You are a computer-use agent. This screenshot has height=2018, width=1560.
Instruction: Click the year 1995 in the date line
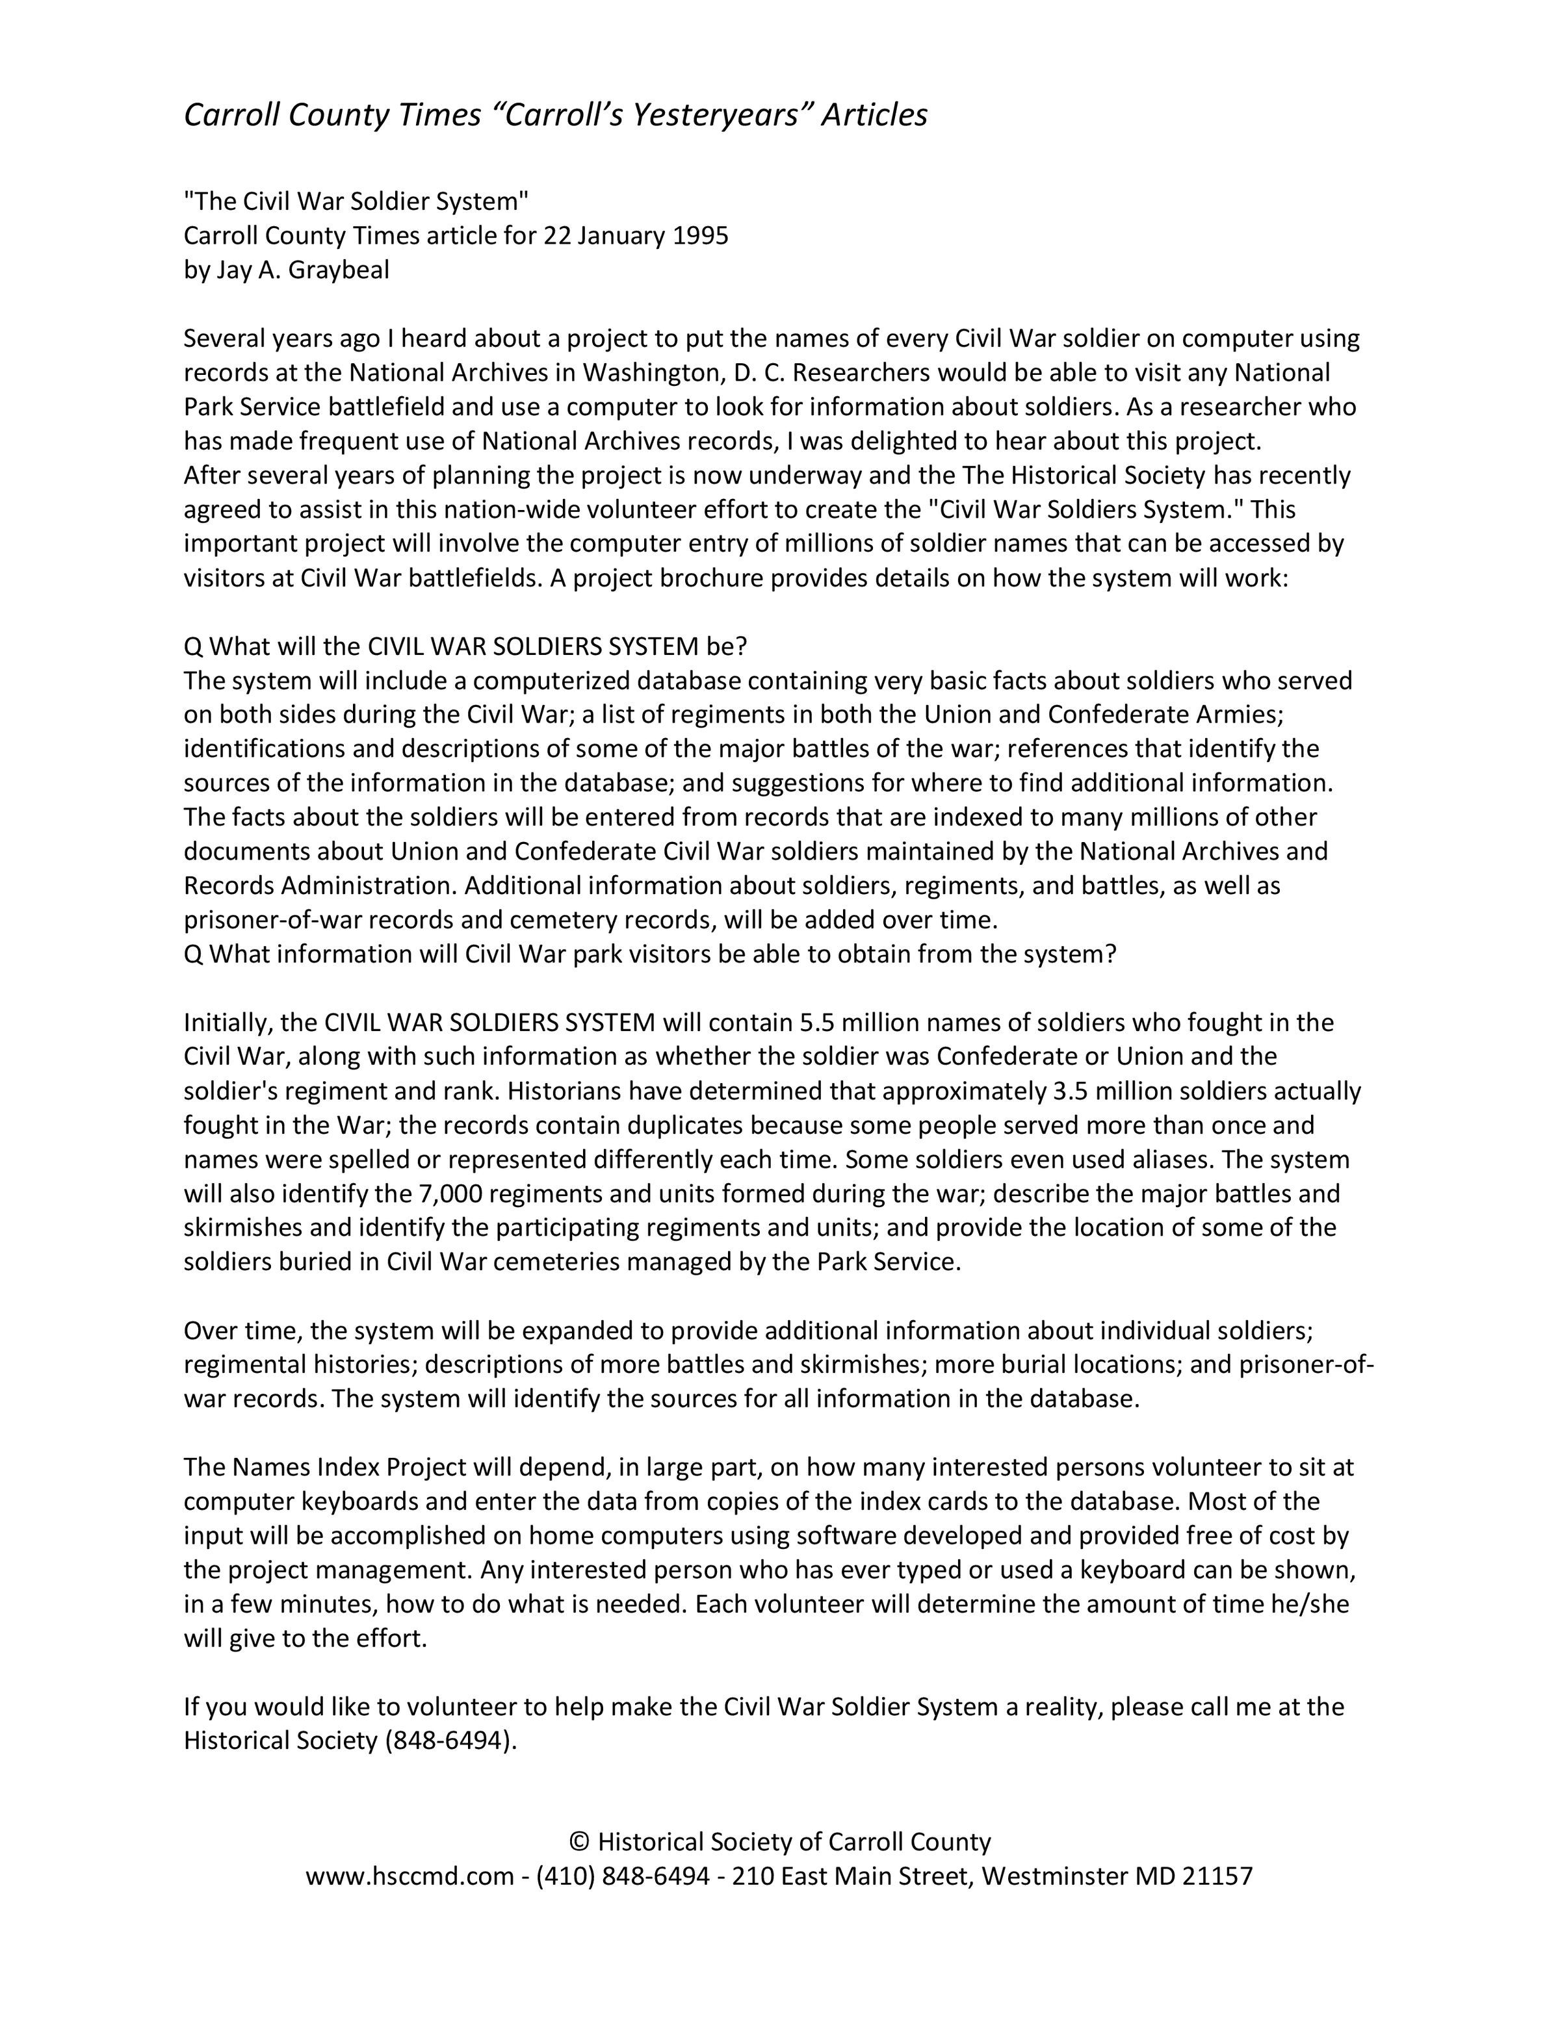701,236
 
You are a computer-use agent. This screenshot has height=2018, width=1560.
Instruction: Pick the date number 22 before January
557,236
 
